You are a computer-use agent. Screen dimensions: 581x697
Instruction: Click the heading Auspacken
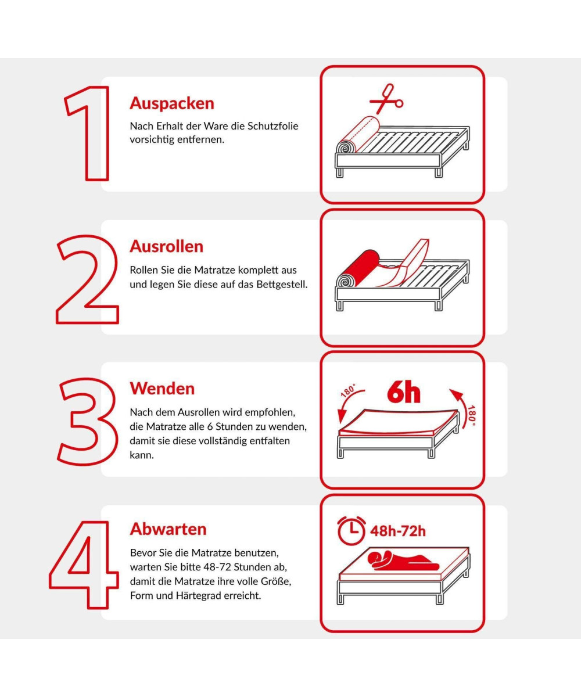(172, 103)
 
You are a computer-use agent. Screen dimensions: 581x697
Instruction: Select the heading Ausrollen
(167, 246)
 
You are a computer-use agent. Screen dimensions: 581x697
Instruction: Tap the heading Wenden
(162, 389)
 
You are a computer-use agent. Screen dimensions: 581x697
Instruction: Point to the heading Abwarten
(168, 529)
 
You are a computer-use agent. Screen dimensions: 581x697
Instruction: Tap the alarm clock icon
(352, 530)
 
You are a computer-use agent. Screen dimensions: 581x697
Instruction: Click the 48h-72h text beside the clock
(398, 531)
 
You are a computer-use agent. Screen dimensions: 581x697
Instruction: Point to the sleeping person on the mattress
(403, 561)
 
